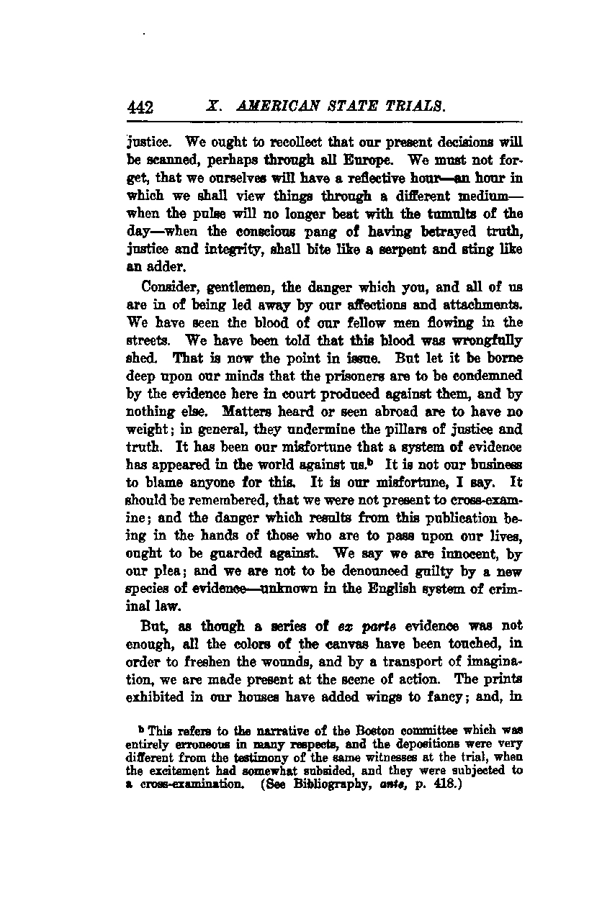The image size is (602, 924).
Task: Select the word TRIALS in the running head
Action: [418, 107]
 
